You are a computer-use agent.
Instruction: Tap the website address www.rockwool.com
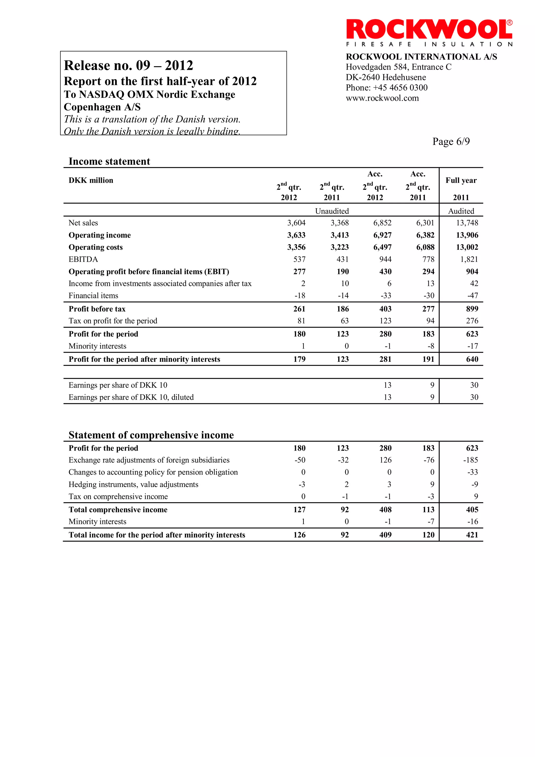pyautogui.click(x=382, y=98)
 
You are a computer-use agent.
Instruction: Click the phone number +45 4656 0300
pyautogui.click(x=400, y=88)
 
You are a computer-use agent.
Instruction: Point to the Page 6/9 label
pyautogui.click(x=451, y=141)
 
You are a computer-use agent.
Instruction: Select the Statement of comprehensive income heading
pyautogui.click(x=151, y=435)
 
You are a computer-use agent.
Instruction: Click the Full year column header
pyautogui.click(x=461, y=180)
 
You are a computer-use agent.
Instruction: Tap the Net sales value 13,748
pyautogui.click(x=467, y=223)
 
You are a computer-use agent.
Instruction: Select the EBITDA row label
pyautogui.click(x=83, y=260)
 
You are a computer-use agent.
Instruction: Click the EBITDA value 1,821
pyautogui.click(x=469, y=260)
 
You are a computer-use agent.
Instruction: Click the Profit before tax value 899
pyautogui.click(x=472, y=309)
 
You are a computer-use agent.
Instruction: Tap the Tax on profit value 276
pyautogui.click(x=472, y=321)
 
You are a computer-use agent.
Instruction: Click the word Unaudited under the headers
pyautogui.click(x=332, y=211)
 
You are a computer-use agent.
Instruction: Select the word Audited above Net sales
pyautogui.click(x=461, y=211)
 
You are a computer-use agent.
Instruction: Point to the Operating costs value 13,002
pyautogui.click(x=467, y=247)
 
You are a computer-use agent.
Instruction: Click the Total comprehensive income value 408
pyautogui.click(x=385, y=510)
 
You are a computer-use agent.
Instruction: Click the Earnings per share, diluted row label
pyautogui.click(x=131, y=397)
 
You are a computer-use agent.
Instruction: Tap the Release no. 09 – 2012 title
pyautogui.click(x=129, y=65)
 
